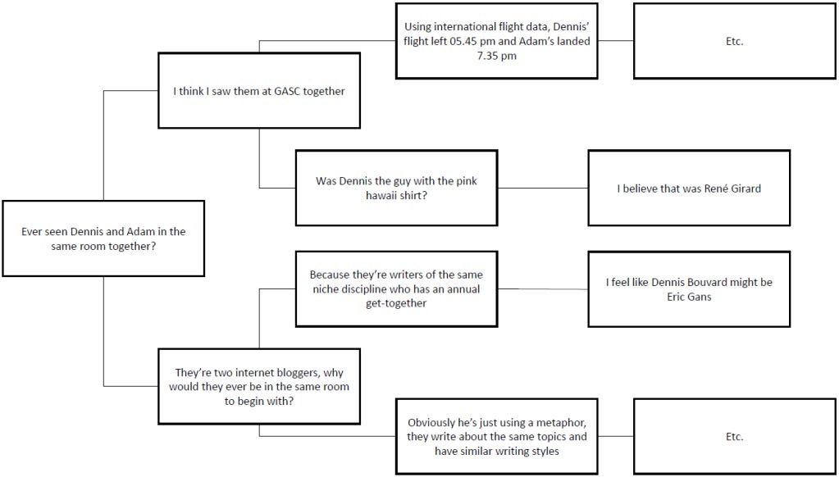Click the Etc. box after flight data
(x=734, y=41)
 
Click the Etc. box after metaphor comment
(x=734, y=437)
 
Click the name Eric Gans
(x=689, y=297)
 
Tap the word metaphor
(x=559, y=423)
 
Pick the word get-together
(x=396, y=303)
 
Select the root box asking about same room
(x=103, y=238)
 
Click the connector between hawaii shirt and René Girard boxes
(x=543, y=188)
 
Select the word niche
(x=328, y=289)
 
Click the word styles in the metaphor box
(x=544, y=451)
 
